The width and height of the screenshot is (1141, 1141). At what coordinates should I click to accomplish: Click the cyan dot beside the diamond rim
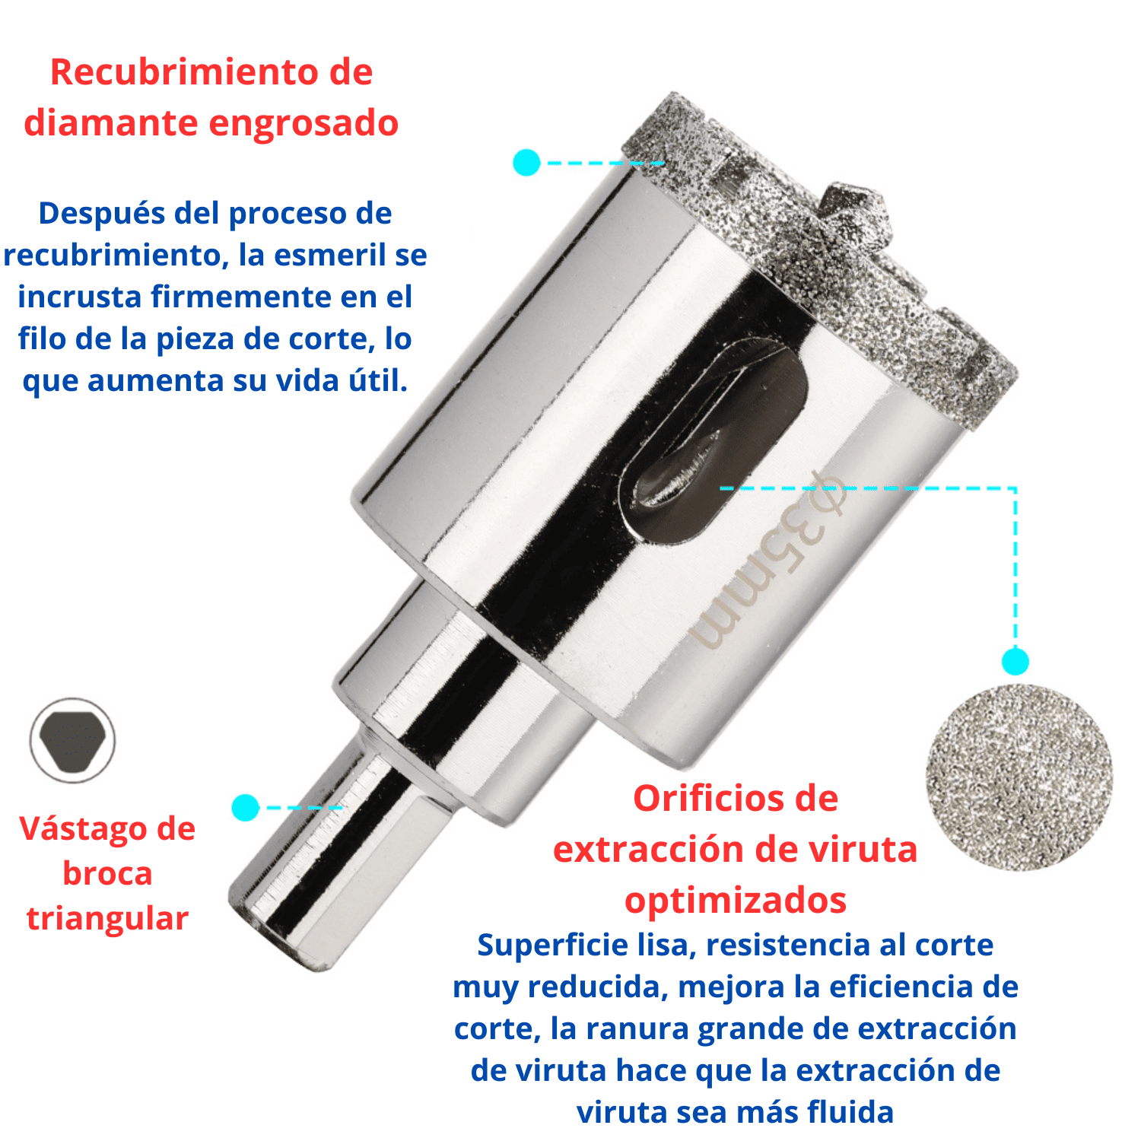click(526, 163)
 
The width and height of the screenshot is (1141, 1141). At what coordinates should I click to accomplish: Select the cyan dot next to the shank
click(245, 807)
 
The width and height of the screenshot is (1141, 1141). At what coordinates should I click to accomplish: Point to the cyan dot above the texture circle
click(1015, 661)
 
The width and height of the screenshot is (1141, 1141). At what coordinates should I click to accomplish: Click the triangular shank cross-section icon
click(72, 741)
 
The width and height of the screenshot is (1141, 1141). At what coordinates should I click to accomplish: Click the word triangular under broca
click(107, 919)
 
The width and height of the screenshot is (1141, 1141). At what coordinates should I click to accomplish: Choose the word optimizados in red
click(736, 901)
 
